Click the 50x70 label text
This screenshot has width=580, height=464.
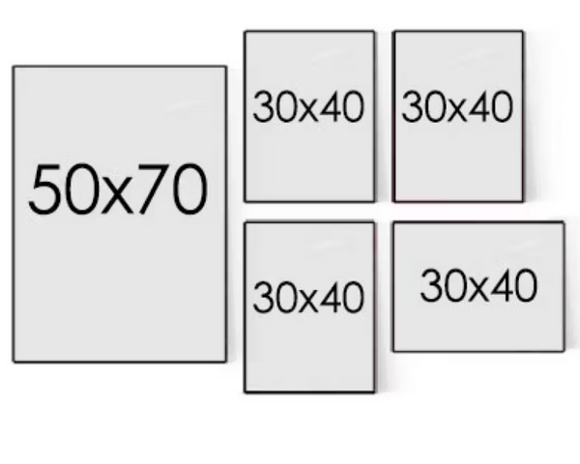118,190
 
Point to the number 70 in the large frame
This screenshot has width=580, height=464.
173,190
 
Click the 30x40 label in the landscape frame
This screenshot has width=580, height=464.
478,286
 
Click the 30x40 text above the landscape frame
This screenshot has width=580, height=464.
457,107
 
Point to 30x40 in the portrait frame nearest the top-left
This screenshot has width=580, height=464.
308,107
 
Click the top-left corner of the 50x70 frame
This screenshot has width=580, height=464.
14,67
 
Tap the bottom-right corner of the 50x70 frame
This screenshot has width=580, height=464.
226,362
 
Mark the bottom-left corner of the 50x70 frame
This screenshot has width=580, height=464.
14,362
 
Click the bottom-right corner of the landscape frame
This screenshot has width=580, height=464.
564,350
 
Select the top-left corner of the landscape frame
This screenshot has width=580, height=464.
392,222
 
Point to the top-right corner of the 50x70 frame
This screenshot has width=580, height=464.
226,67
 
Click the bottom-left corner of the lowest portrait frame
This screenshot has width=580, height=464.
245,391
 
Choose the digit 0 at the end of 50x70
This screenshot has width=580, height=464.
191,190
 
